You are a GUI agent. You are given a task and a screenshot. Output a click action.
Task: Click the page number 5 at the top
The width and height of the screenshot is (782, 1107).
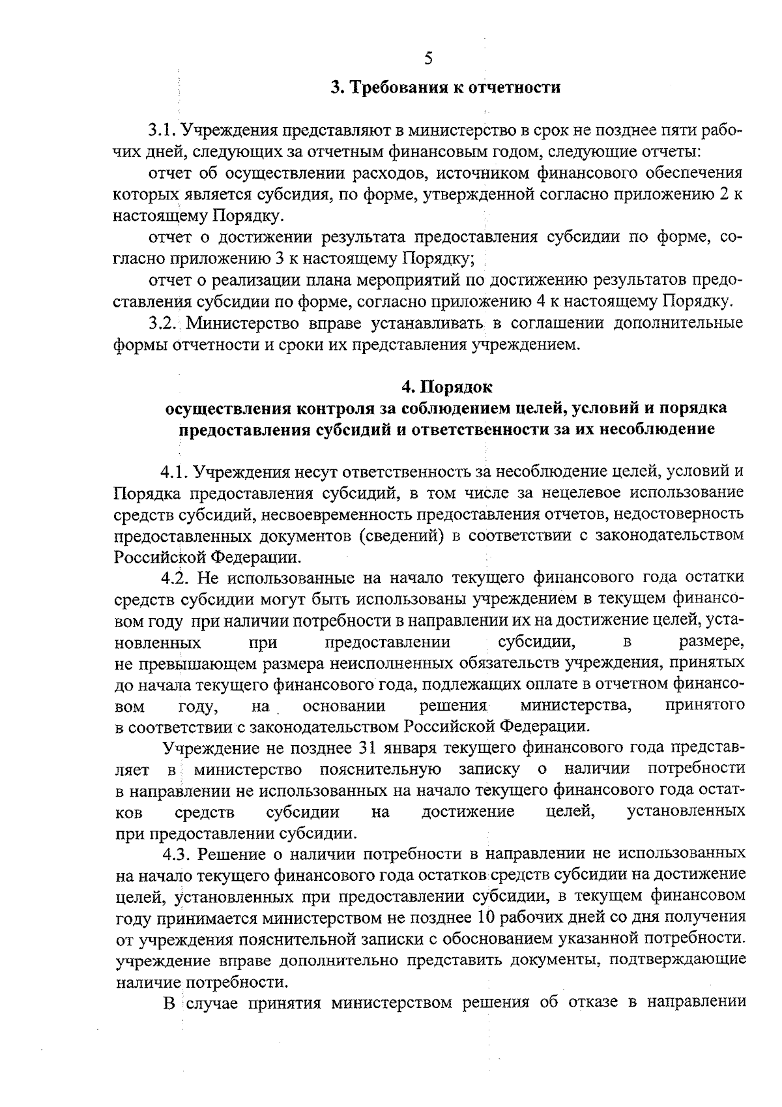(428, 59)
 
